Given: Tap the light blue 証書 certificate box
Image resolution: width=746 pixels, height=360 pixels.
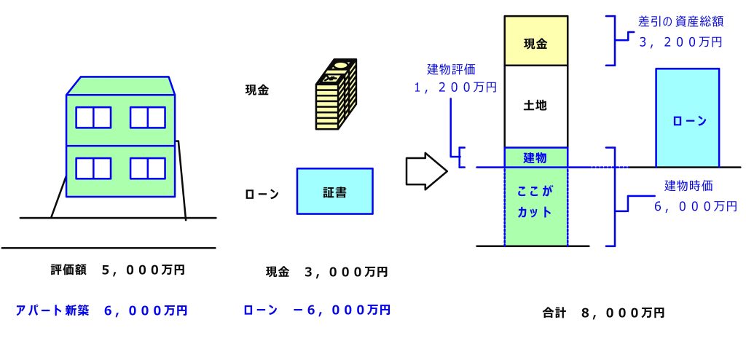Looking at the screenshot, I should click(334, 191).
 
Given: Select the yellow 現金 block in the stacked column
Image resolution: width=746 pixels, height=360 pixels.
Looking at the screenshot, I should click(535, 42).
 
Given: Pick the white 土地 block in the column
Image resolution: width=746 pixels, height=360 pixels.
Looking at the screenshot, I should click(535, 106).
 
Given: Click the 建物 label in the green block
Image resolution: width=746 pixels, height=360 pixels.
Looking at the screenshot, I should click(535, 157).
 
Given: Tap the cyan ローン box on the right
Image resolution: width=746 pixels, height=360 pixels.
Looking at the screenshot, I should click(687, 118).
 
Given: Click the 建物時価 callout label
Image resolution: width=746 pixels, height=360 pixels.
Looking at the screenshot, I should click(691, 184).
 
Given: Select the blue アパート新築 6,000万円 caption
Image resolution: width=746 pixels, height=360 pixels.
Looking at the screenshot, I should click(102, 310).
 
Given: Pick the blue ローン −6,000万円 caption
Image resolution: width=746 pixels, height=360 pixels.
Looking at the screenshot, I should click(316, 310).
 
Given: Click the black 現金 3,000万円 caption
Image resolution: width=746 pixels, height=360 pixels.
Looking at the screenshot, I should click(326, 272).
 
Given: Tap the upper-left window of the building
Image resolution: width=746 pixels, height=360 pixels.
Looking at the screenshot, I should click(93, 117).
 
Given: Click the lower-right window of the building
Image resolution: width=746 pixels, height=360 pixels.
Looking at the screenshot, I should click(148, 168).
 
